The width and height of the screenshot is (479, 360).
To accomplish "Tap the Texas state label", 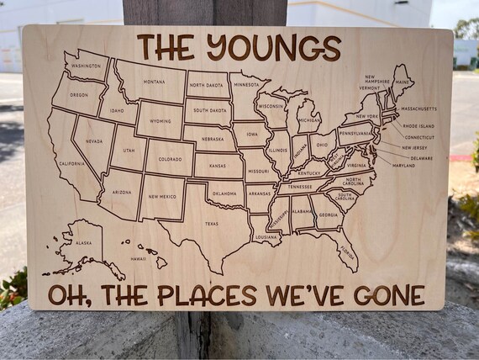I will coord(210,224).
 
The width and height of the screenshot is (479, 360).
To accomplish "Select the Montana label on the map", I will coord(154,82).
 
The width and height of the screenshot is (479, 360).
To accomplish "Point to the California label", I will coord(71,164).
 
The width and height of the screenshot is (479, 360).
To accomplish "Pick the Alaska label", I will coord(84,243).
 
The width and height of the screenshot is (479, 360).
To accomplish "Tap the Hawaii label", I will coord(139,259).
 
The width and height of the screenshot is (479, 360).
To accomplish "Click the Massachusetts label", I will coord(418,109).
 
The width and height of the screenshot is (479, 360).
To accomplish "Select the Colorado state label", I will coord(170,159).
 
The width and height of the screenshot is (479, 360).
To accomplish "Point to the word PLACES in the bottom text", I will coord(209,295).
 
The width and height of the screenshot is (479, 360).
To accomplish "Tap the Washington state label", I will coord(87,65).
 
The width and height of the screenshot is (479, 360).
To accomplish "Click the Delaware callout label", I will coord(422,157).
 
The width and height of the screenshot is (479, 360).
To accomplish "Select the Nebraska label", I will coord(212,138).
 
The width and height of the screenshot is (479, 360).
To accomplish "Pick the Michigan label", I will coord(309,120).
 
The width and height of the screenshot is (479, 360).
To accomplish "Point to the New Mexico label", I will coord(162,197).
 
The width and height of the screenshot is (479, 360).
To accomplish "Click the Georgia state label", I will coord(329,214).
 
